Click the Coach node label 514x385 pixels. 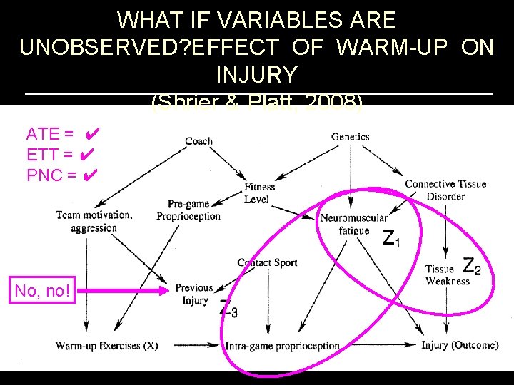[198, 141]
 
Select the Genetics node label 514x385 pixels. [350, 136]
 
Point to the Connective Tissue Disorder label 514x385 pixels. [445, 190]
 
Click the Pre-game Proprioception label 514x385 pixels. [188, 210]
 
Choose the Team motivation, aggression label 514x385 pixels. [94, 221]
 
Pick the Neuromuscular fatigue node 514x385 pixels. [354, 224]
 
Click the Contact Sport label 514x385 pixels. [267, 262]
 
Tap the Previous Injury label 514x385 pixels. [193, 294]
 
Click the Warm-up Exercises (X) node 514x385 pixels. [106, 346]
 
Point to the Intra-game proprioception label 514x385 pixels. [283, 346]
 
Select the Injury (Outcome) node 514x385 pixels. [459, 345]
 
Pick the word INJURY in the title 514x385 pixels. [256, 73]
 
